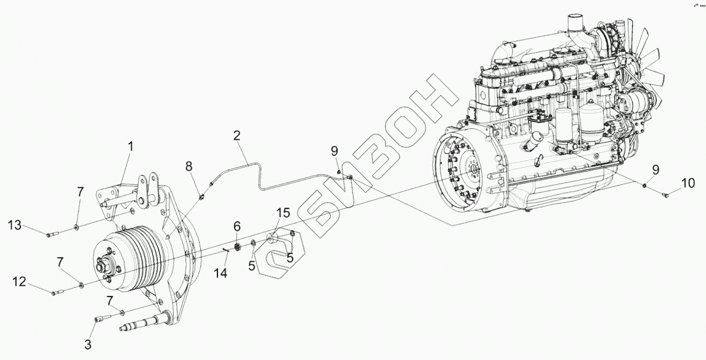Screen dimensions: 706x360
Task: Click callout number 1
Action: [x=130, y=146]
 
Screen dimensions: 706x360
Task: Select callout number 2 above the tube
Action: [x=236, y=136]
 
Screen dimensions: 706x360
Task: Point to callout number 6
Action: [x=237, y=227]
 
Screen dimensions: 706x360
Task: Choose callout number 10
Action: [x=688, y=182]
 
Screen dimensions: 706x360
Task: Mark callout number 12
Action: [x=20, y=282]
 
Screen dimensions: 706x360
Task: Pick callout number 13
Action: [x=16, y=226]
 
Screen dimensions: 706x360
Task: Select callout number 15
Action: [x=282, y=213]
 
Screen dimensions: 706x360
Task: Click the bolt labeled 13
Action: [x=52, y=234]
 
